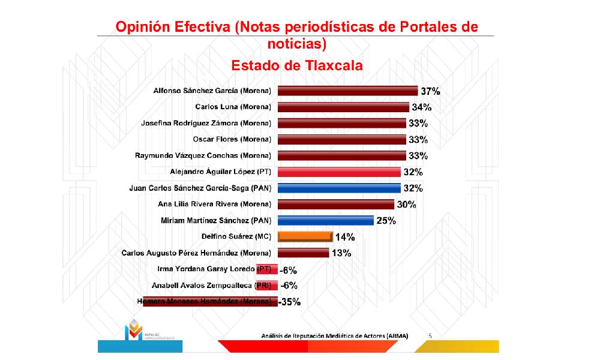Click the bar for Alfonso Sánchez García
coord(347,91)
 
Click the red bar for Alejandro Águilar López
coord(339,172)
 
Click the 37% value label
coord(430,92)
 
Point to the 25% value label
coord(386,221)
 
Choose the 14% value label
coord(344,237)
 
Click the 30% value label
coord(406,205)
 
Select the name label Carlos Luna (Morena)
coord(233,107)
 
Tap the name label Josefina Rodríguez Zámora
coord(206,124)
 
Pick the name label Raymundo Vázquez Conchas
coord(203,156)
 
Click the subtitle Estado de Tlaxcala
coord(297,65)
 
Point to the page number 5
coord(430,335)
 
